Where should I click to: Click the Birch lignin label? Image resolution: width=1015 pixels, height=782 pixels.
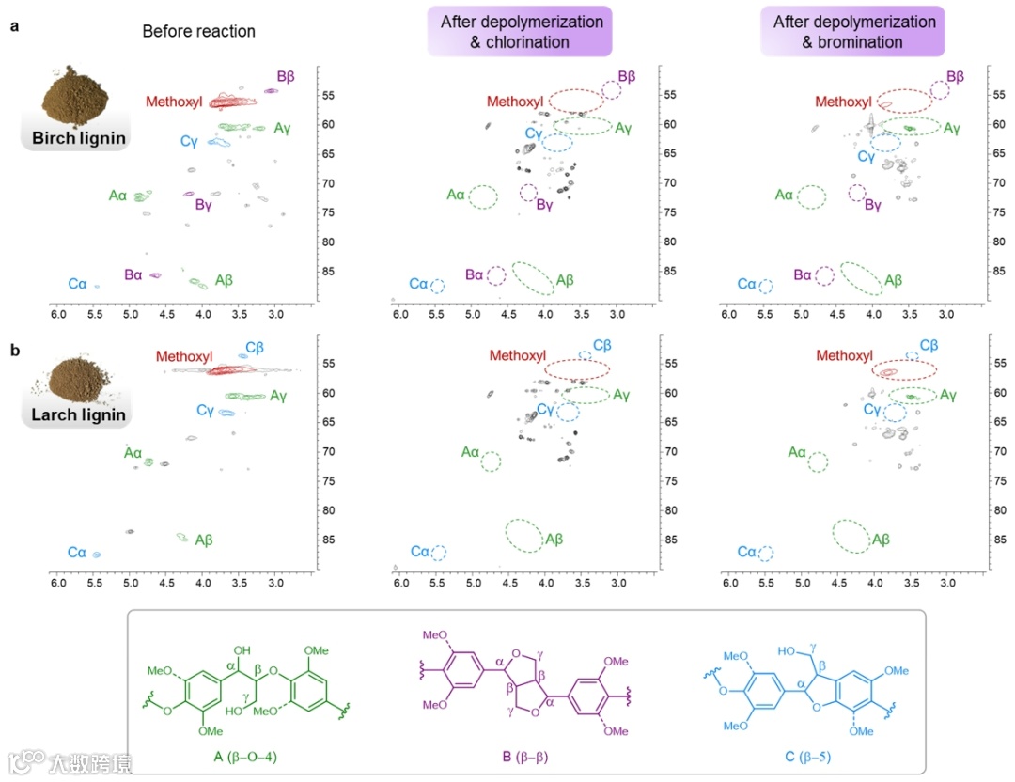[73, 138]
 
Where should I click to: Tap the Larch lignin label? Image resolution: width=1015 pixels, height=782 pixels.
[73, 414]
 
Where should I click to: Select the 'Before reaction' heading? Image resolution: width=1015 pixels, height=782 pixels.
[198, 31]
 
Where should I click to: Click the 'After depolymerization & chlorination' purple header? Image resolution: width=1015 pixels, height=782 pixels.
[518, 31]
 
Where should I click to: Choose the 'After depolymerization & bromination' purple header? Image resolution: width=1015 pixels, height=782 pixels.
[853, 31]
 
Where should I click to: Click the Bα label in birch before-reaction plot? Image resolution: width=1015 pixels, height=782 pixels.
[133, 274]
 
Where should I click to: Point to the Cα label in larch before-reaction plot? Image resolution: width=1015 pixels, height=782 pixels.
[76, 553]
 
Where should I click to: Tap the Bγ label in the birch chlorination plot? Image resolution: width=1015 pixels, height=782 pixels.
[544, 205]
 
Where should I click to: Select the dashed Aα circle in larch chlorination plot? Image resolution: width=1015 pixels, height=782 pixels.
[491, 461]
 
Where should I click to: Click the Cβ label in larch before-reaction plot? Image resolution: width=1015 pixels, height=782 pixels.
[255, 348]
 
